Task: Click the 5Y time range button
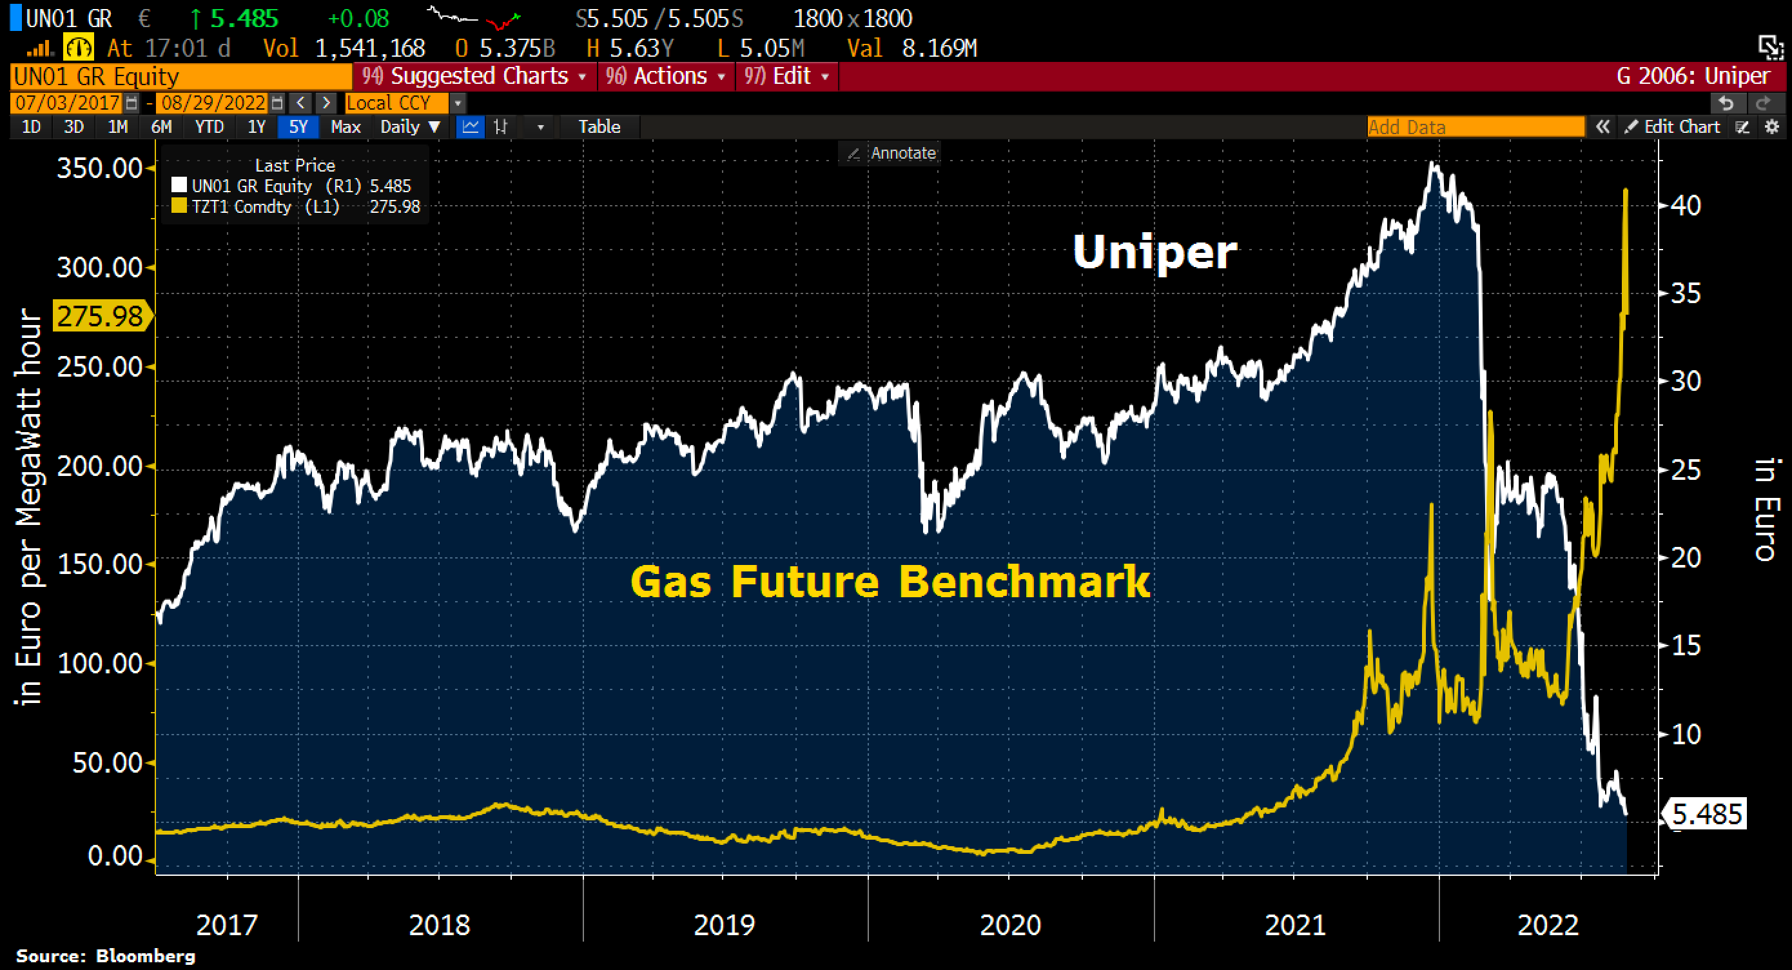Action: click(x=298, y=126)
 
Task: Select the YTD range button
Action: click(x=209, y=126)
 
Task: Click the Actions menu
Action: click(x=666, y=76)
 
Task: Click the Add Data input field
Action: click(x=1474, y=126)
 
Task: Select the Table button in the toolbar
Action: click(x=599, y=126)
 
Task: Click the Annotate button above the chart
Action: click(x=892, y=153)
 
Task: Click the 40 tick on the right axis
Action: click(x=1685, y=205)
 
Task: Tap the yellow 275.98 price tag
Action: click(x=100, y=317)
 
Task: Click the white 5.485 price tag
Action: click(x=1706, y=813)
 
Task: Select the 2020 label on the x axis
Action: click(x=1009, y=925)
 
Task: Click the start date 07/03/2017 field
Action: click(x=67, y=103)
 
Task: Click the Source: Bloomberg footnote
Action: click(x=106, y=955)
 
